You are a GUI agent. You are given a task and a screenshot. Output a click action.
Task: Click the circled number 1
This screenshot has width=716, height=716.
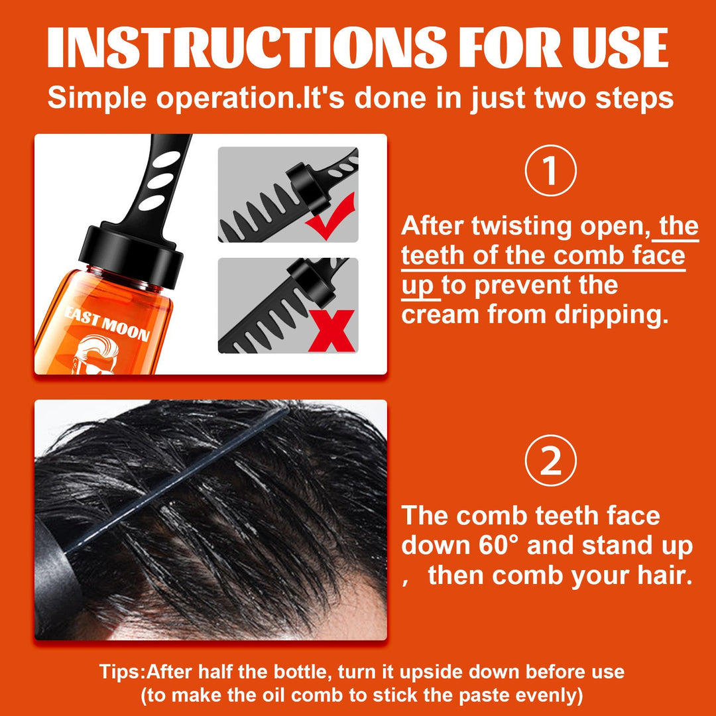click(550, 172)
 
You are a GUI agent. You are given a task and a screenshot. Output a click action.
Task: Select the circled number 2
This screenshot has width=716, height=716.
click(550, 462)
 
